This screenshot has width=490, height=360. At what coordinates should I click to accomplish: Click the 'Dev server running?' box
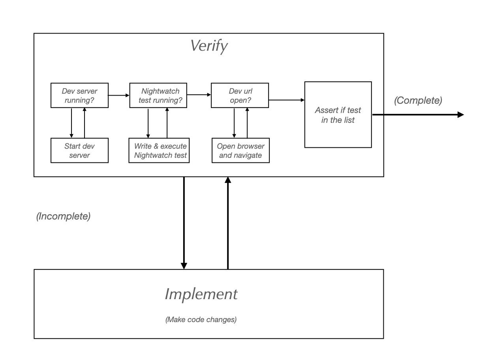tap(80, 95)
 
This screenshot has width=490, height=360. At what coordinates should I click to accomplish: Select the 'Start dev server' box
tap(80, 151)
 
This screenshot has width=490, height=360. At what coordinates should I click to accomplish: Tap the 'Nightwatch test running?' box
tap(158, 95)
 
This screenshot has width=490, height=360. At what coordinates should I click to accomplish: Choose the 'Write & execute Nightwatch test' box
tap(160, 151)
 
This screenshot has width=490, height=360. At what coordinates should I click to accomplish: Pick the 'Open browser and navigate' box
tap(240, 151)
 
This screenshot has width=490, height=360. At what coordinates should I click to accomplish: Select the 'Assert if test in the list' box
tap(338, 115)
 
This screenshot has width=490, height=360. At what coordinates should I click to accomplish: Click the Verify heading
tap(208, 46)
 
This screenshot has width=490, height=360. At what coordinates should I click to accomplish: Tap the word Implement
tap(201, 294)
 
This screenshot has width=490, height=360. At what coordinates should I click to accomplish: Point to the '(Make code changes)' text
tap(201, 320)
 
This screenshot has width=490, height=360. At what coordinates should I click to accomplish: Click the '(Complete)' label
tap(418, 100)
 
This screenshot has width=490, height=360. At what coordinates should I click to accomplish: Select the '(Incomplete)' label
tap(63, 217)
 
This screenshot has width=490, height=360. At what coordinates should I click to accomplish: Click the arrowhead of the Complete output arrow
tap(460, 115)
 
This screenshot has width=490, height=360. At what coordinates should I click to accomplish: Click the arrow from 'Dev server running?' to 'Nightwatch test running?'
tap(119, 95)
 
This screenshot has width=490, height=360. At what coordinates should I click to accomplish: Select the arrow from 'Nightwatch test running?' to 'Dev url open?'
tap(199, 95)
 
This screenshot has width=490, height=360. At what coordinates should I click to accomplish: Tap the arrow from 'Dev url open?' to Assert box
tap(287, 100)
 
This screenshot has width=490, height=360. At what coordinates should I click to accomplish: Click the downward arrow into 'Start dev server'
tap(71, 122)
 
